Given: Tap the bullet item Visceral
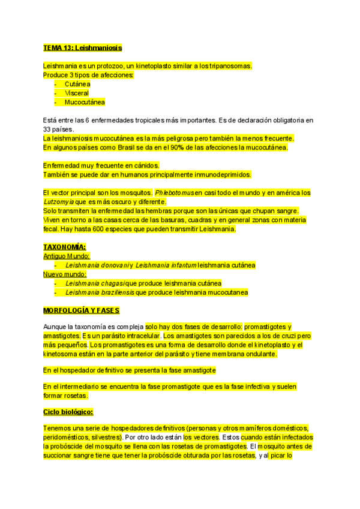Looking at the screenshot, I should tap(77, 94).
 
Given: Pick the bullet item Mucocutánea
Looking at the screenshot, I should tap(85, 103).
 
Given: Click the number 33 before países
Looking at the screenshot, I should tap(48, 129).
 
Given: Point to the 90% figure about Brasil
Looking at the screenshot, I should tap(176, 147).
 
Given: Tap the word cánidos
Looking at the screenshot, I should tap(146, 166).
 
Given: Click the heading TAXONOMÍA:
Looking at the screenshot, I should tap(65, 247).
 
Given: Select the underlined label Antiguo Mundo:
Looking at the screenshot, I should tap(67, 256).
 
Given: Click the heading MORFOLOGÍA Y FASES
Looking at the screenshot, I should tap(82, 310).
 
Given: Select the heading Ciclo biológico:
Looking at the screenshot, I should tap(68, 412).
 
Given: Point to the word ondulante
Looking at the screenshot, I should tap(258, 354).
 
